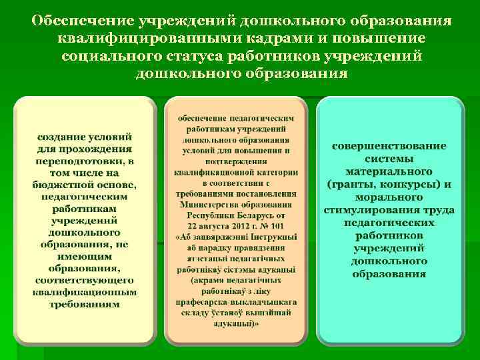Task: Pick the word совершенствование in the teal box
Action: click(389, 147)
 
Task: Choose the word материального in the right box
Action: click(389, 172)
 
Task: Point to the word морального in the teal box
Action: click(389, 197)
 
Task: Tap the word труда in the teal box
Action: click(441, 211)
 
